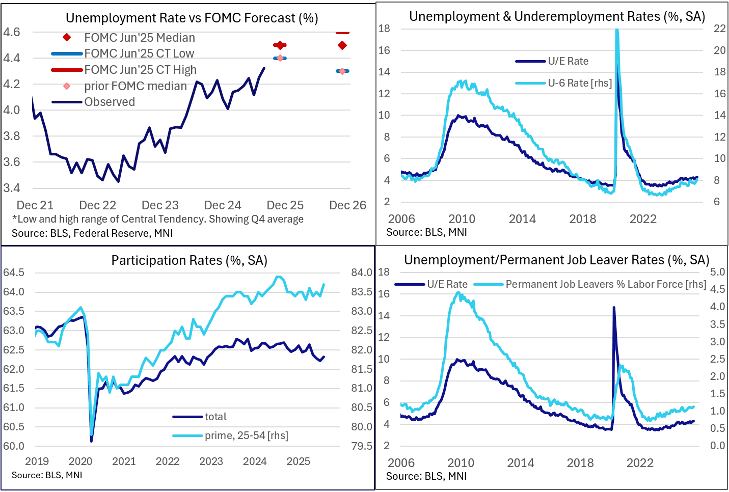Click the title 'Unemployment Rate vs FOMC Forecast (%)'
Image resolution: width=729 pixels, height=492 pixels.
(192, 18)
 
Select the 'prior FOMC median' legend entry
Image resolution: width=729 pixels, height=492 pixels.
(135, 86)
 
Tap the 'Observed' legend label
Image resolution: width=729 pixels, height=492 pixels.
(110, 102)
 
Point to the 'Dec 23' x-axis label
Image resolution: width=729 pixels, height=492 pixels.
(160, 205)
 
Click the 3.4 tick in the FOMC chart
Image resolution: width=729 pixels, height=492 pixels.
(11, 188)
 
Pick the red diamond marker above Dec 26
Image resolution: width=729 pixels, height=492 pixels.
(342, 45)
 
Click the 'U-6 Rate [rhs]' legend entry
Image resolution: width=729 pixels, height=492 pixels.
(580, 83)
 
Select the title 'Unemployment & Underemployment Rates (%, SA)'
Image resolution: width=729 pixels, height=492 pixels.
(557, 17)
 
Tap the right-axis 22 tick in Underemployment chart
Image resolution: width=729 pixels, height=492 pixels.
(719, 29)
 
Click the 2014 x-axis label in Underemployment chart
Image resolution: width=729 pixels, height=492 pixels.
(522, 219)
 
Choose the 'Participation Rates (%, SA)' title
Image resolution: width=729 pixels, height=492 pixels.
(189, 261)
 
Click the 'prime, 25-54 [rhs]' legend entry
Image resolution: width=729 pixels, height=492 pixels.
(246, 435)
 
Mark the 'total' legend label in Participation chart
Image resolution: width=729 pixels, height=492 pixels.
(215, 417)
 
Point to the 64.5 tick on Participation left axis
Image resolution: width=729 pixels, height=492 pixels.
(14, 272)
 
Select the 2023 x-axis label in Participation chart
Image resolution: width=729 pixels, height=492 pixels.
(211, 461)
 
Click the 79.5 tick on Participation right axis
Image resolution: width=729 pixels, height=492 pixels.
(361, 446)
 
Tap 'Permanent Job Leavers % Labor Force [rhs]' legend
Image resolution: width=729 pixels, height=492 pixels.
(606, 284)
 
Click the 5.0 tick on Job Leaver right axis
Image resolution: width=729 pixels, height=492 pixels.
(717, 272)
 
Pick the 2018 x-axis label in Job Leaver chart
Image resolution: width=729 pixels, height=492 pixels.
(580, 463)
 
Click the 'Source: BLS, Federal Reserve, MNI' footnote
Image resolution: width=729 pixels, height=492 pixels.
(92, 233)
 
